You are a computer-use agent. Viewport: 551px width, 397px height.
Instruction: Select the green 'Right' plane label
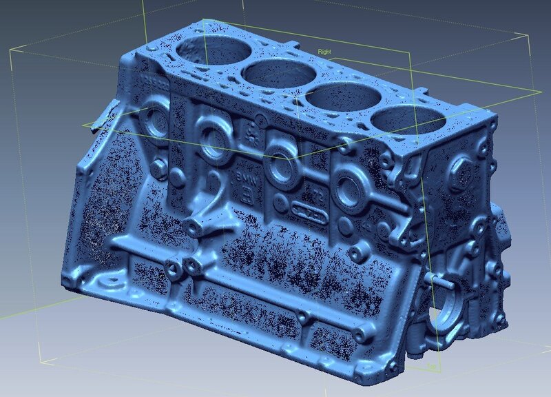[325, 51]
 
